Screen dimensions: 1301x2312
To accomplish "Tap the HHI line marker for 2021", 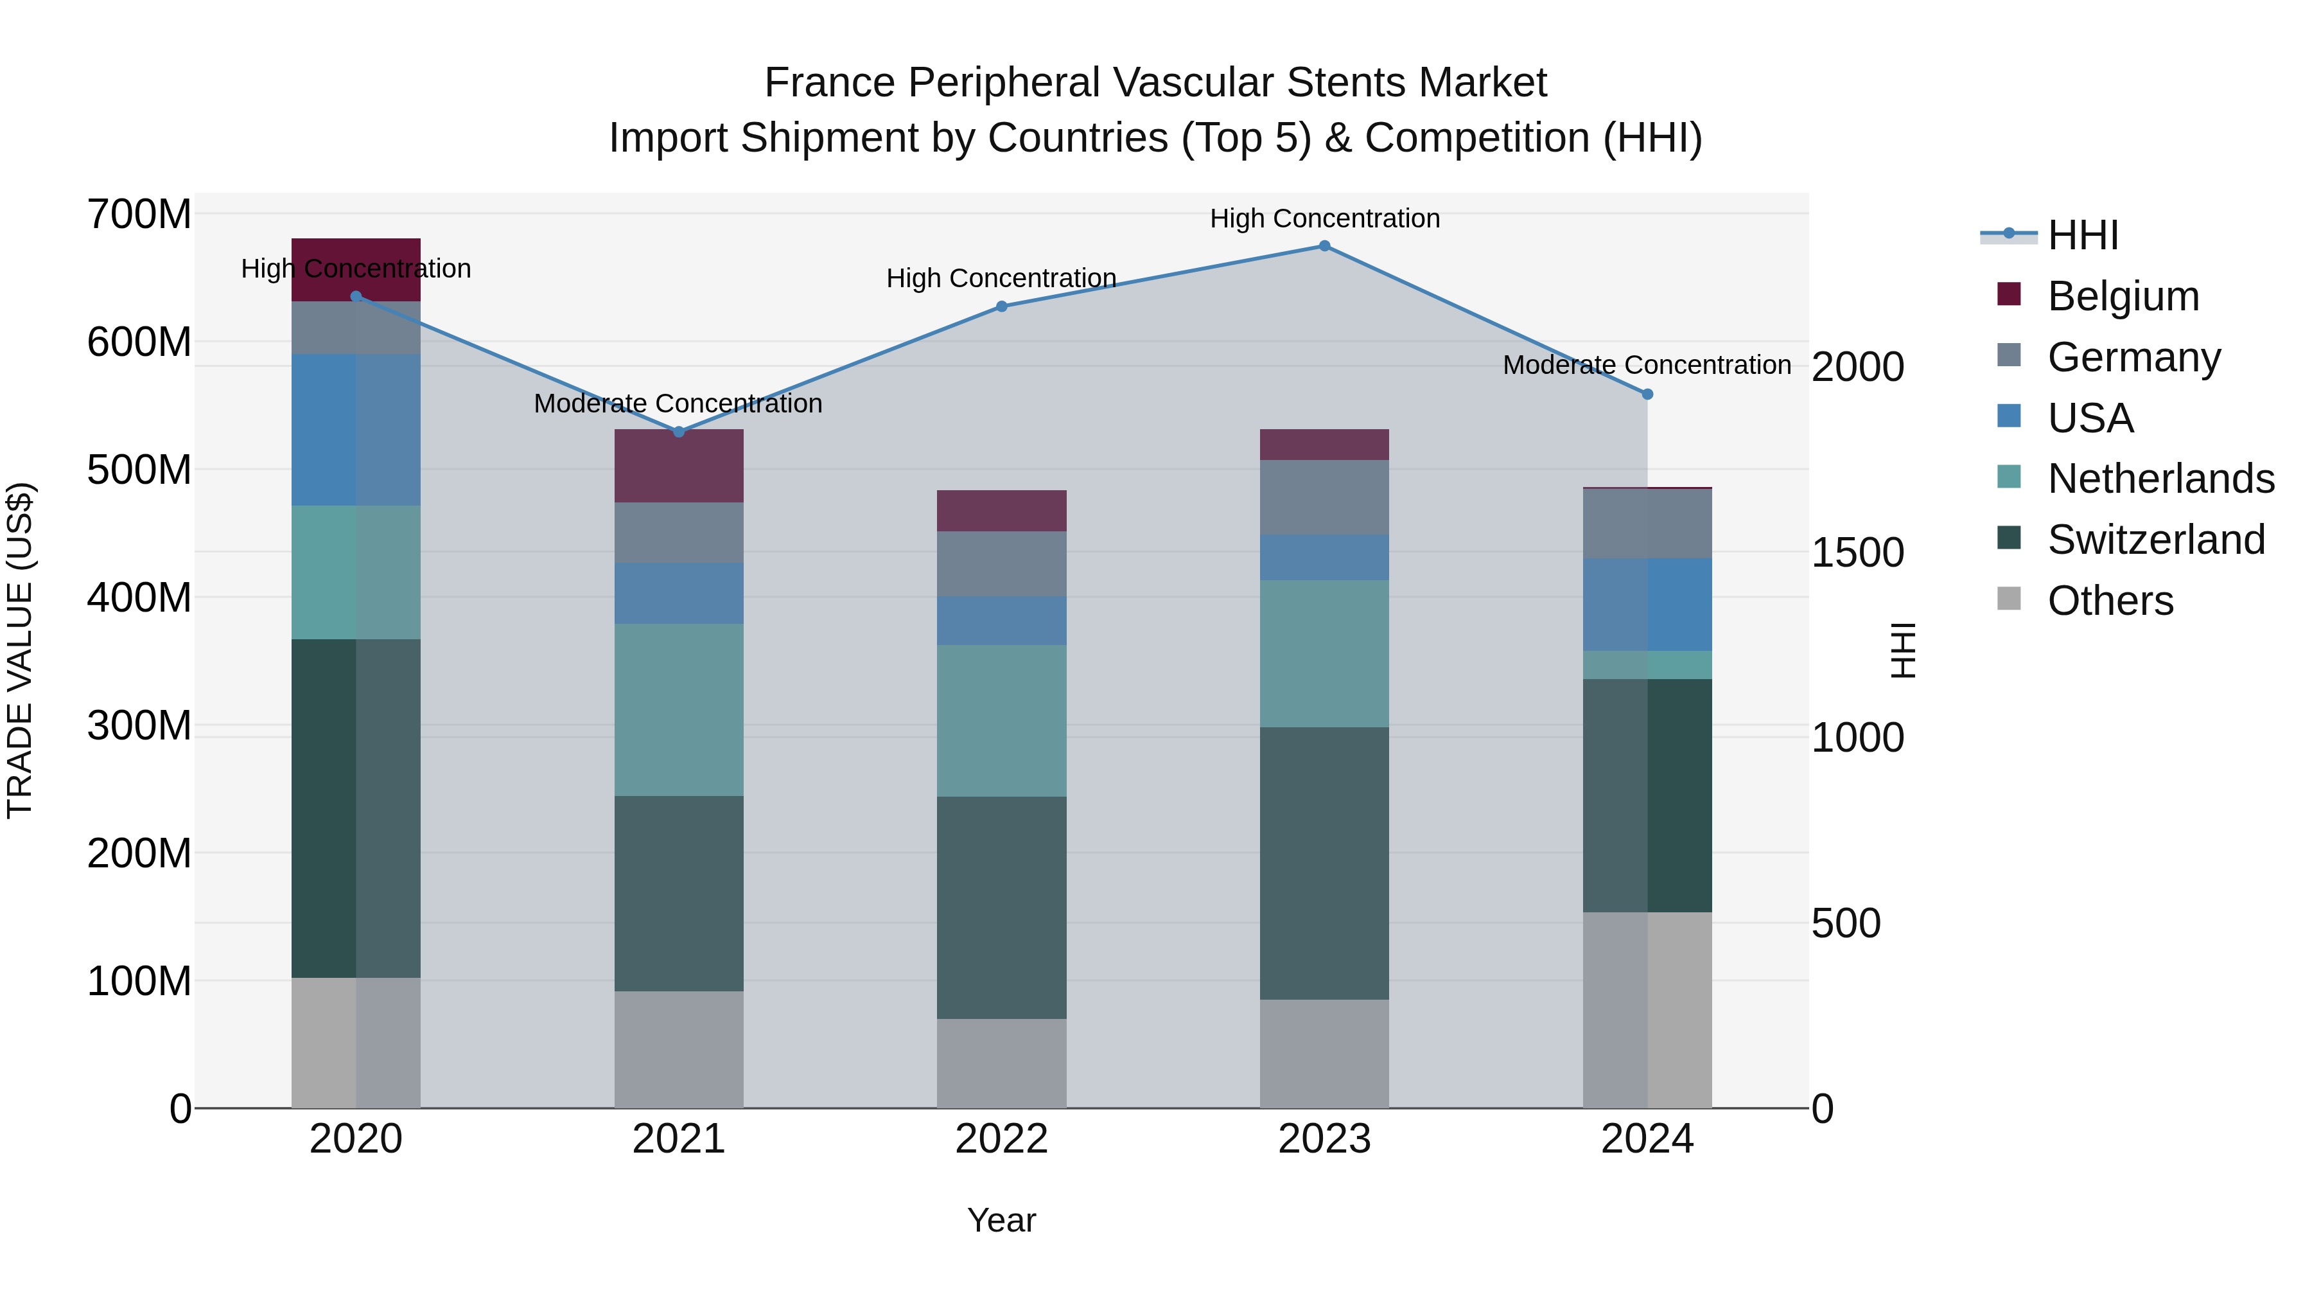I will pos(679,432).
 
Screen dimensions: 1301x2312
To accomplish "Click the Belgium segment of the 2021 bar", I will pos(679,466).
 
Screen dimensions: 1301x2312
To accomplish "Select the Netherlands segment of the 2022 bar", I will pos(1002,720).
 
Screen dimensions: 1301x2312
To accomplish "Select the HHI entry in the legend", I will pos(2082,235).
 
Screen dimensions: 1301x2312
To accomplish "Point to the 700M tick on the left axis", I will pos(139,215).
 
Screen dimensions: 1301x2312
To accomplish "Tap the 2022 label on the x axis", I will pos(1002,1139).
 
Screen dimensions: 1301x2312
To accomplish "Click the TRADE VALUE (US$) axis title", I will pos(20,650).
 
